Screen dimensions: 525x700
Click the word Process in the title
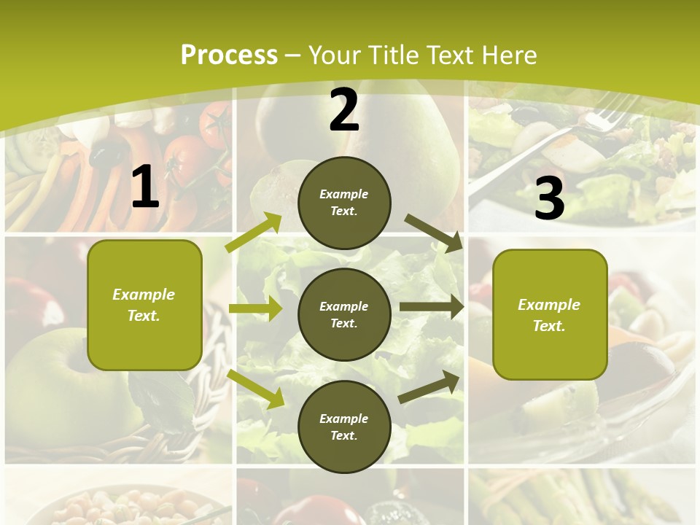[229, 55]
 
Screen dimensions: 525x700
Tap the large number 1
[145, 187]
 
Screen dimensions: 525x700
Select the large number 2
[344, 111]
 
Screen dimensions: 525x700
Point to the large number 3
[549, 199]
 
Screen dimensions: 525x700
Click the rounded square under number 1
[144, 305]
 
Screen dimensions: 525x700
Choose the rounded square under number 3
[549, 314]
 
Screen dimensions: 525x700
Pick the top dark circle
[344, 203]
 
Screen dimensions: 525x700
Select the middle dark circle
[344, 314]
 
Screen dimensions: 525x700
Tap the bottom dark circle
[344, 427]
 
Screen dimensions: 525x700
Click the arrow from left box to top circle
[254, 233]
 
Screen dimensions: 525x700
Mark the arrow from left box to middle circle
[254, 308]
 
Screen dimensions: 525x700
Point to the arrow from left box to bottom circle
[256, 389]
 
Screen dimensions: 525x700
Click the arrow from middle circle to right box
[431, 307]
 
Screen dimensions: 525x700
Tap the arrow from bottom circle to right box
[429, 386]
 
